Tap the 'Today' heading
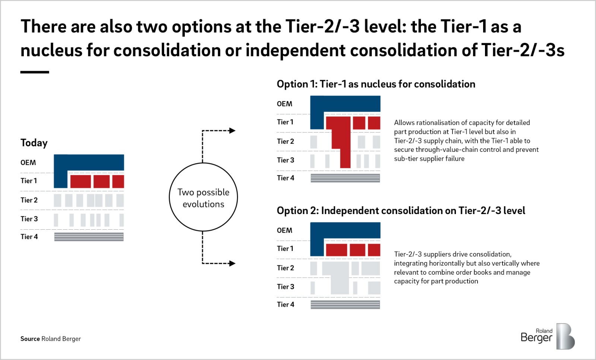[34, 143]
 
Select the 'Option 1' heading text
[376, 84]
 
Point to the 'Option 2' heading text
[401, 211]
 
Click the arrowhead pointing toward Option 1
[232, 131]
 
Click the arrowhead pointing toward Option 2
[232, 263]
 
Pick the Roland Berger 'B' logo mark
[565, 336]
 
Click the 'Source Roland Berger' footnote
[51, 339]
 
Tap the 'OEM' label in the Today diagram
[28, 162]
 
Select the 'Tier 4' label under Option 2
[285, 305]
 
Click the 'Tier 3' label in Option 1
[285, 160]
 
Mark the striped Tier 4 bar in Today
[89, 237]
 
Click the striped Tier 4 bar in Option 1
[345, 178]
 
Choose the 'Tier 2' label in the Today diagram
[29, 200]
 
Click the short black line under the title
[35, 72]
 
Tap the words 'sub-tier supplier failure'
[429, 159]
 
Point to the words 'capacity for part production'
[436, 281]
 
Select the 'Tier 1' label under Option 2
[285, 248]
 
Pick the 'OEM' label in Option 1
[285, 104]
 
